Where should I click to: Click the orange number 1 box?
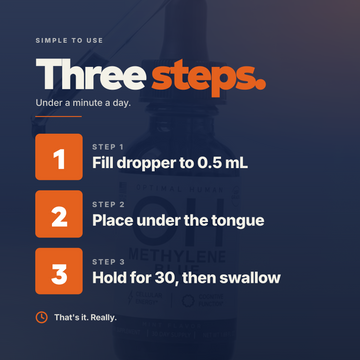tap(59, 157)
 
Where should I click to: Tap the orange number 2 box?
tap(59, 214)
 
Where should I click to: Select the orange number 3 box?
tap(59, 271)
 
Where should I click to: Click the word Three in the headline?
tap(91, 74)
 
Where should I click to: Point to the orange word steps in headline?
tap(209, 78)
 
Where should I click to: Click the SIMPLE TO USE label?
tap(69, 41)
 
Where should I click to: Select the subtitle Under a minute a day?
tap(83, 103)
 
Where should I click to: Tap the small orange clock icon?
tap(41, 317)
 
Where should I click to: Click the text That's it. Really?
tap(86, 317)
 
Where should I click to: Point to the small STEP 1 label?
tap(108, 147)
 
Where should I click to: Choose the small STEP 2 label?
tap(108, 204)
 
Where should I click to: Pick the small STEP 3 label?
tap(108, 262)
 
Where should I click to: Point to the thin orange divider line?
tap(58, 117)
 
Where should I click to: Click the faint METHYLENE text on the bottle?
tap(177, 256)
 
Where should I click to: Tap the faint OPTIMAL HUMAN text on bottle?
tap(180, 189)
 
